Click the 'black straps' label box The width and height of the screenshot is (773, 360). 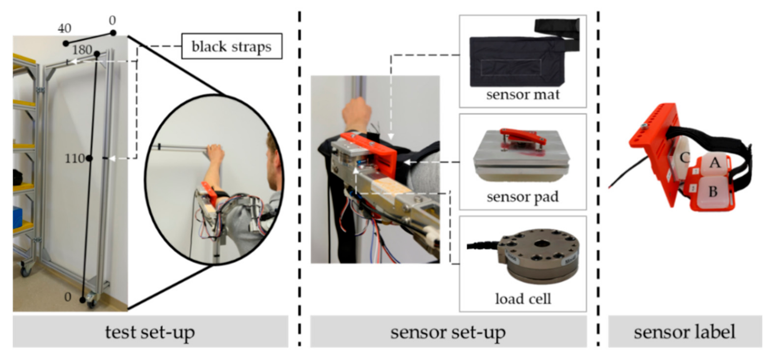click(232, 46)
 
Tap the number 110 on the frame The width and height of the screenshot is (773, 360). click(74, 158)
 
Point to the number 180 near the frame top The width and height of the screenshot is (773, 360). click(82, 50)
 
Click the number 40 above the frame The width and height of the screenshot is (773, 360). click(65, 28)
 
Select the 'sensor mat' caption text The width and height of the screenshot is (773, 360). click(523, 95)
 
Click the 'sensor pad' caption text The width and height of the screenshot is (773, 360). click(523, 197)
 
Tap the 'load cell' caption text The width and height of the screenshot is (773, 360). click(523, 299)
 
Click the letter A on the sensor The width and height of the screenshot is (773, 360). click(715, 163)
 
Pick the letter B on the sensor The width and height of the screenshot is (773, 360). click(713, 191)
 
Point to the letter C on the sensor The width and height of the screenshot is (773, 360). click(685, 157)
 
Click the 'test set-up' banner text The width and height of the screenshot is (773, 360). click(150, 332)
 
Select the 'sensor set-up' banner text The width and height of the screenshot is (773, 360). click(448, 332)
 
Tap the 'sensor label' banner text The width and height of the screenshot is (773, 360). click(685, 332)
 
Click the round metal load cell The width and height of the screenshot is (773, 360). click(538, 255)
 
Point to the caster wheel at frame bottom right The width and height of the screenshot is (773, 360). click(91, 300)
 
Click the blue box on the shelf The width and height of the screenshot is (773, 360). click(17, 217)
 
